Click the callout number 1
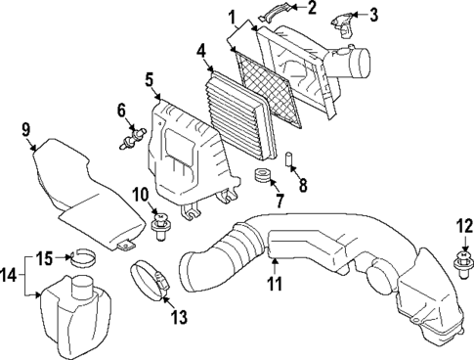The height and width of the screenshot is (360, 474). [x=233, y=17]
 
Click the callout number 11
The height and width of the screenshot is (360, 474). [x=275, y=285]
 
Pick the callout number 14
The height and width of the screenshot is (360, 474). [x=9, y=277]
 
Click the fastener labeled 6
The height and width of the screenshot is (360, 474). [x=127, y=145]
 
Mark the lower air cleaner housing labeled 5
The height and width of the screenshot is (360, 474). [x=186, y=157]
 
